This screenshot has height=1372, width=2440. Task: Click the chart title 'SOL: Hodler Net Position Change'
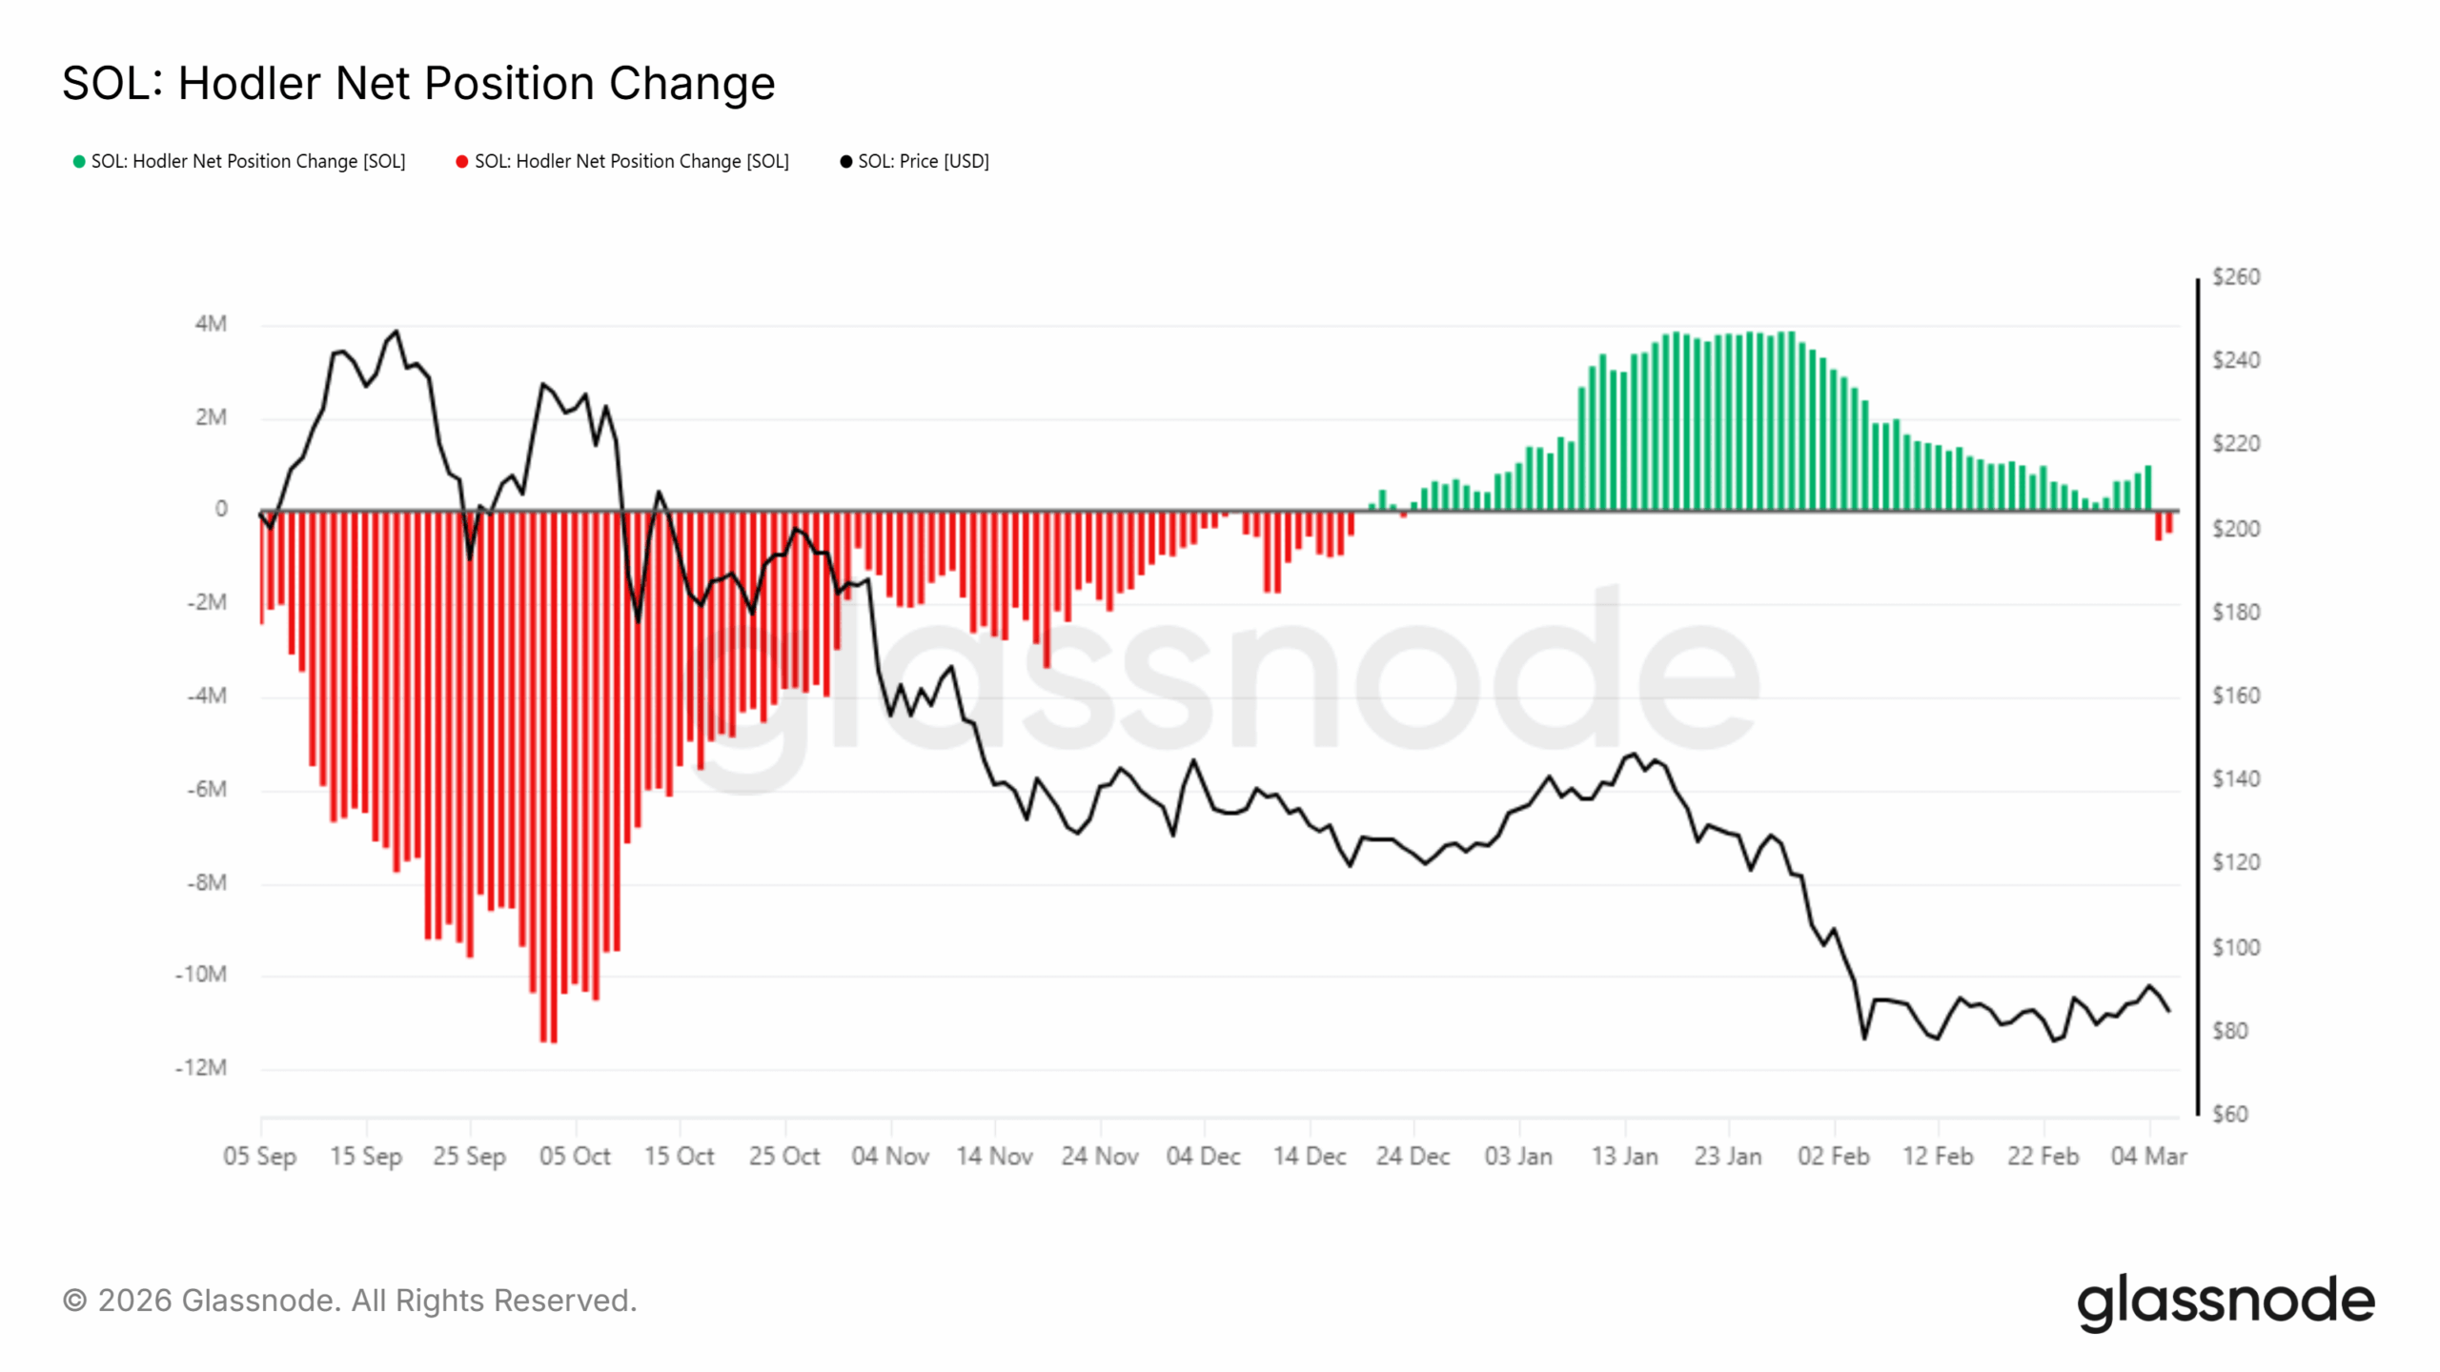point(418,83)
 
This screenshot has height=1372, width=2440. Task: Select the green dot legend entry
point(239,161)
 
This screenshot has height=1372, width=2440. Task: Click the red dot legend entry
point(622,161)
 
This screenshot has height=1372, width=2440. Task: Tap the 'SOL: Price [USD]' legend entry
point(914,161)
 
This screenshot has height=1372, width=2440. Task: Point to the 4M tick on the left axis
point(211,324)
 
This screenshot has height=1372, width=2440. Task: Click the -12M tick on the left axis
point(201,1067)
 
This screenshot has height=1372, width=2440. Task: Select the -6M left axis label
point(206,789)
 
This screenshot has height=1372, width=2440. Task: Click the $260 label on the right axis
point(2235,276)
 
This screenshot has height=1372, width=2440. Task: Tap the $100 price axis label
point(2235,947)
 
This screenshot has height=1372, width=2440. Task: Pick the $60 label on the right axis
point(2229,1114)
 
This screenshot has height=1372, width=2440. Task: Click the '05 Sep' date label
point(259,1156)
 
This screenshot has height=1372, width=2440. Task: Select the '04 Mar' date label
point(2148,1156)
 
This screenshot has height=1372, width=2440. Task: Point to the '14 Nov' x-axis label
point(994,1156)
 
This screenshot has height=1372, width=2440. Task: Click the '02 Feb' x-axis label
point(1833,1156)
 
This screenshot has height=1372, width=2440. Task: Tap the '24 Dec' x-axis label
point(1413,1156)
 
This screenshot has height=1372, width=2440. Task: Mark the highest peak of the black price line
point(396,332)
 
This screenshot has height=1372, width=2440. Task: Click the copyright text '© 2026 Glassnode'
point(349,1301)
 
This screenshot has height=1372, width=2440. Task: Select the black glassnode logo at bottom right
point(2226,1302)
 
